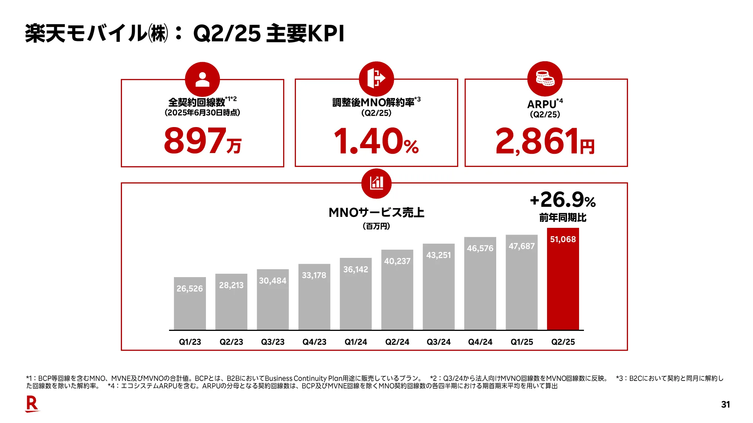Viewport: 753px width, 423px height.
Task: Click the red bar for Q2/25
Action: point(563,286)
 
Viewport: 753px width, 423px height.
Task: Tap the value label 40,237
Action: point(397,261)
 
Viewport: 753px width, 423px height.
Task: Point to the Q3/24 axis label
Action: point(439,342)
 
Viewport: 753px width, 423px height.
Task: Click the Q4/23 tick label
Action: point(314,342)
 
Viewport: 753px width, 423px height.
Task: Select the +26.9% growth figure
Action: point(562,200)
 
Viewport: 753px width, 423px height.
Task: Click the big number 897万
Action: point(203,141)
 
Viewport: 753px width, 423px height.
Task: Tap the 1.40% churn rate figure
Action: point(376,141)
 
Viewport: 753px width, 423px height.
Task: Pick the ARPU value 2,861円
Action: point(545,141)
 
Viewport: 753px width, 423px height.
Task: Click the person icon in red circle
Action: point(203,79)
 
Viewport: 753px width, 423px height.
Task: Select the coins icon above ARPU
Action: point(545,79)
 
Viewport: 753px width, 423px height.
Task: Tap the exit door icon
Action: point(376,79)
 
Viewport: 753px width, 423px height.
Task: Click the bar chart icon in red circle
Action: point(376,183)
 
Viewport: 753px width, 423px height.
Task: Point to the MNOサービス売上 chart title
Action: point(376,212)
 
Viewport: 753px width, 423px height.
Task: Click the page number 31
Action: point(726,405)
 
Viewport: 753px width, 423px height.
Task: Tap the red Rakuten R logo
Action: point(32,404)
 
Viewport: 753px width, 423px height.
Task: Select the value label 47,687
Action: point(521,246)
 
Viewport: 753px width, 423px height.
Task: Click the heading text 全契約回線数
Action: point(197,102)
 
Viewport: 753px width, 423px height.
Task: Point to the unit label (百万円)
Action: point(376,226)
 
